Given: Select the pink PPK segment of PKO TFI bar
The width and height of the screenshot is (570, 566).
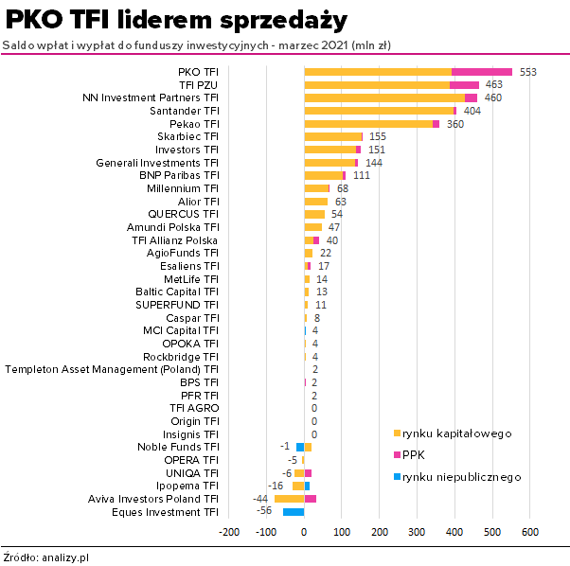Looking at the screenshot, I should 482,71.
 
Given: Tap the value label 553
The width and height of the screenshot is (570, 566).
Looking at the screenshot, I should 528,72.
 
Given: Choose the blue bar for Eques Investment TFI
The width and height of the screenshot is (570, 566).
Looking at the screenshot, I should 294,512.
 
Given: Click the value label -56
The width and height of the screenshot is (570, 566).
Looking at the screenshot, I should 264,511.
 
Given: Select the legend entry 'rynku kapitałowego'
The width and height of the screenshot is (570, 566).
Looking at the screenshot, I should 457,433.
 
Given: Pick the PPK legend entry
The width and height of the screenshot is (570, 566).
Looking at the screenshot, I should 414,455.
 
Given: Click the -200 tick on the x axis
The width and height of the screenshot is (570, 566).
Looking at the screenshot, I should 229,532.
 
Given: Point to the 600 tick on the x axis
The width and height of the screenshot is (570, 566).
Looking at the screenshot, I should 530,532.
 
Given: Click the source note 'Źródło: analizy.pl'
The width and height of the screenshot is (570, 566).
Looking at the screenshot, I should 46,557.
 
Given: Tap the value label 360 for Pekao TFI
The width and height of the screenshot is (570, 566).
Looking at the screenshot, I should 455,124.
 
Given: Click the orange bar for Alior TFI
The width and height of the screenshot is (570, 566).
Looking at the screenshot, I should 315,202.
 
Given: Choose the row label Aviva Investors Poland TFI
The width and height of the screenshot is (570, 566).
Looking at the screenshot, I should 153,498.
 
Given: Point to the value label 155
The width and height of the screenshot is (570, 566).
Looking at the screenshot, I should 378,137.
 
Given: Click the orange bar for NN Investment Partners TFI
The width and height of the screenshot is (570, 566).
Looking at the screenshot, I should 384,97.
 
